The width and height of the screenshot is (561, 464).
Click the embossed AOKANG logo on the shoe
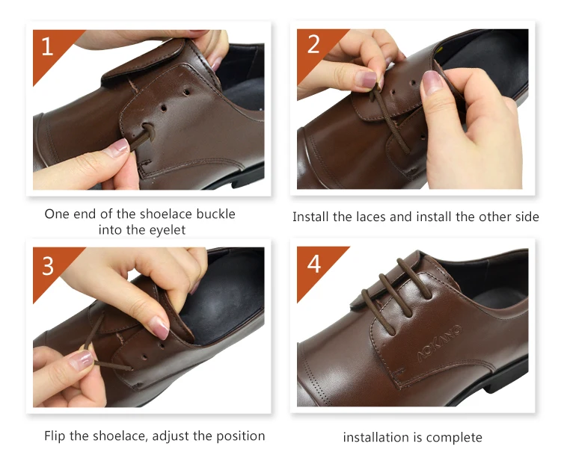(x=439, y=343)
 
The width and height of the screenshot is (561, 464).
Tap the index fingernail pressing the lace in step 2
(x=366, y=78)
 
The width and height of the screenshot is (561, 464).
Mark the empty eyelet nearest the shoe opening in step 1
(x=186, y=93)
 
